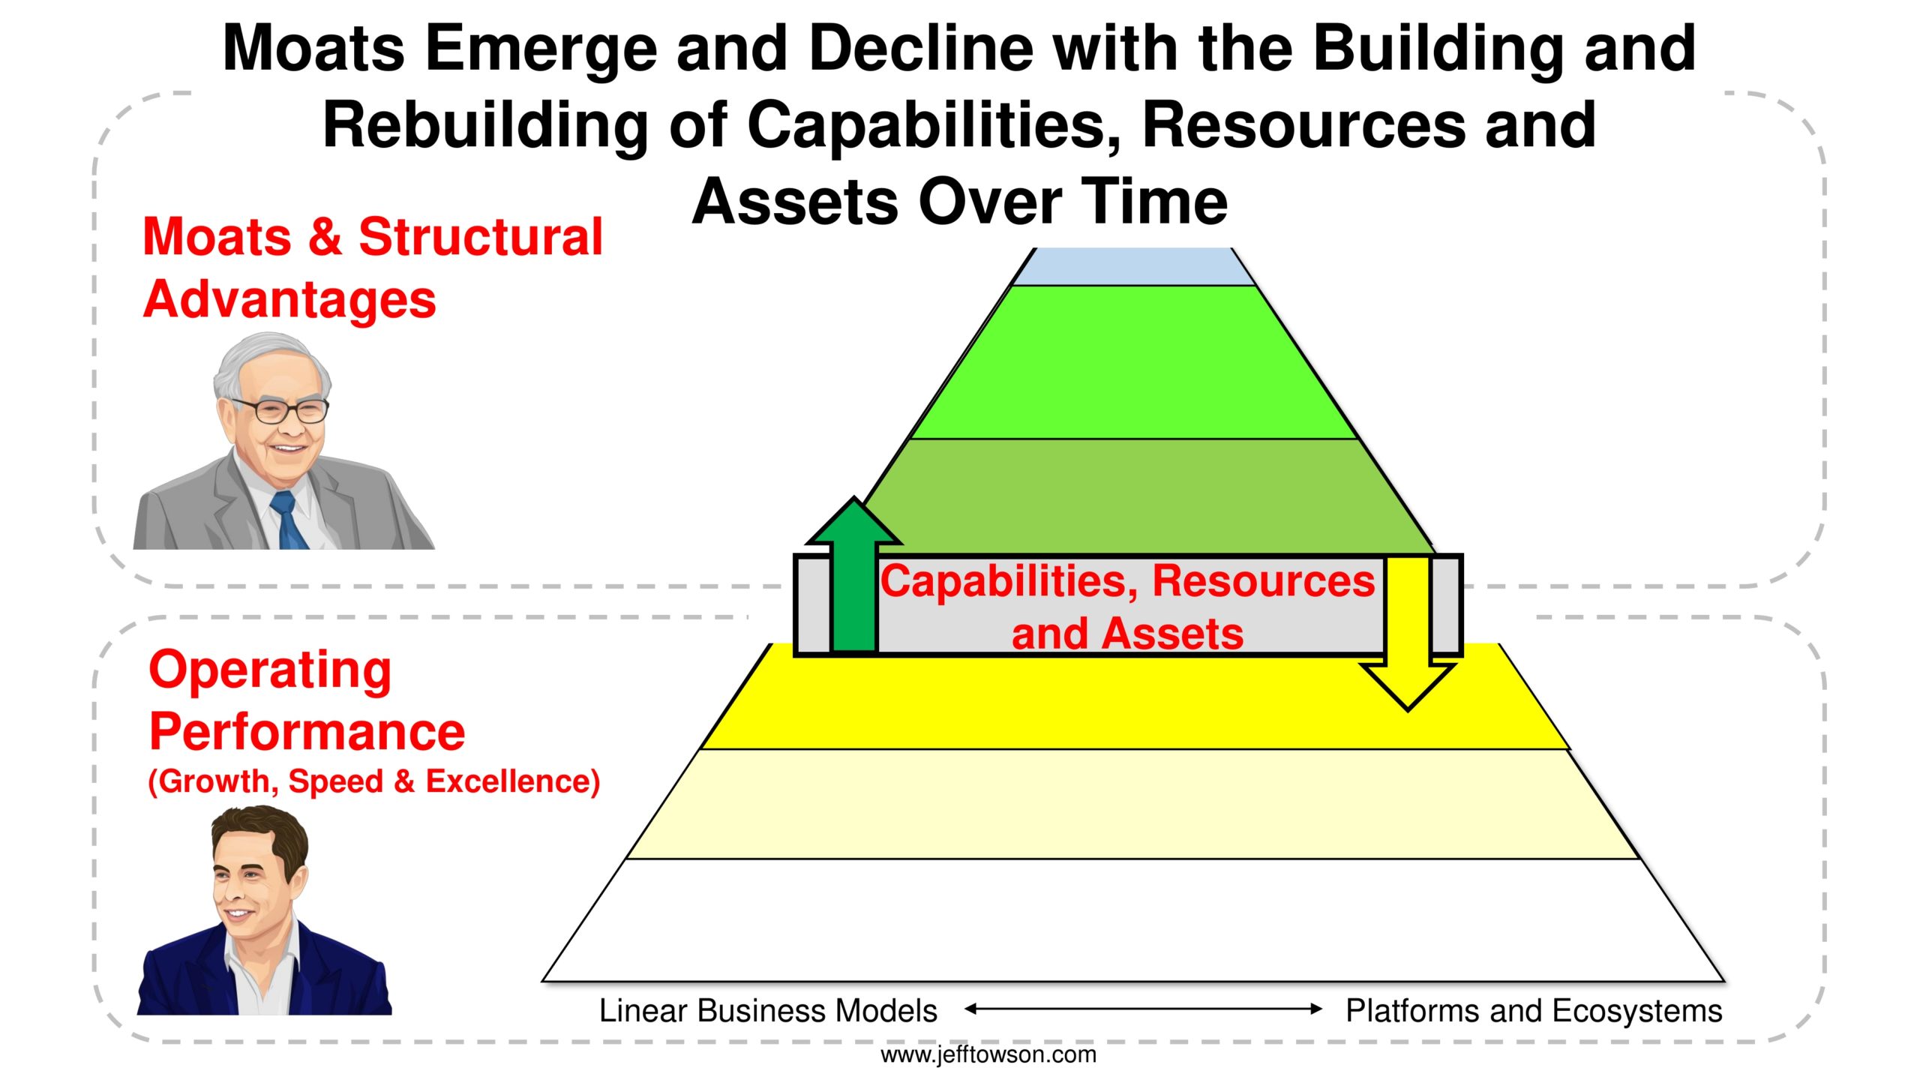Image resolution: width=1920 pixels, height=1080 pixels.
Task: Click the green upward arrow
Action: coord(853,577)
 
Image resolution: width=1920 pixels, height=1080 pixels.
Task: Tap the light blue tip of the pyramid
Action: coord(1133,266)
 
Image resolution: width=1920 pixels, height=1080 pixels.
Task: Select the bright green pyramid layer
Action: coord(1133,363)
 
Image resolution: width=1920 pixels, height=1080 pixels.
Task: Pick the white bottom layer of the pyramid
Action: coord(1133,920)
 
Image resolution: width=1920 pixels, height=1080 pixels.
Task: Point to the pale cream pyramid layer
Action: coord(1133,804)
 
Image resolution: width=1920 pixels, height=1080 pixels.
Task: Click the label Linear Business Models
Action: coord(768,1011)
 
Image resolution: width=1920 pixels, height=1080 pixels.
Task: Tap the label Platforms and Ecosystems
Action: coord(1534,1011)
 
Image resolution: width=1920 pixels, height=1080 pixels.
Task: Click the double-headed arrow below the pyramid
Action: coord(1143,1009)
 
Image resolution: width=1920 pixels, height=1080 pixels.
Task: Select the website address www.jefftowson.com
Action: coord(988,1054)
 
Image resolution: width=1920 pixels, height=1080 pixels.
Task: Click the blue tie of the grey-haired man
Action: coord(291,520)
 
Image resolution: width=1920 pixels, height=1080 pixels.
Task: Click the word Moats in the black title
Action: coord(314,48)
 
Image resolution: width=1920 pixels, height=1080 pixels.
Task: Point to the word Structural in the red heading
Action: coord(481,237)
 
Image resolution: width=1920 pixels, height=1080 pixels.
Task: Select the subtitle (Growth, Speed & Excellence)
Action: coord(374,781)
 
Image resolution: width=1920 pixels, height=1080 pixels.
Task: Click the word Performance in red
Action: coord(307,731)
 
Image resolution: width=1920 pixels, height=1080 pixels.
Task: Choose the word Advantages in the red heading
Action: coord(289,300)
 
